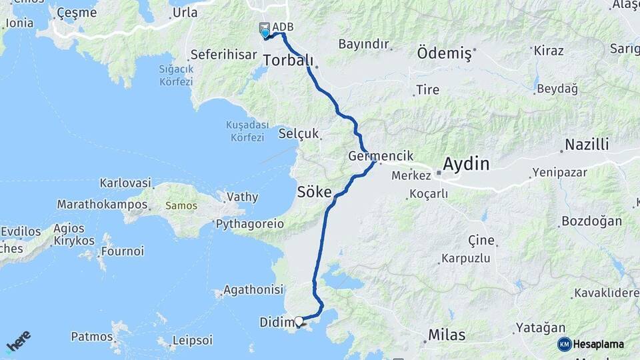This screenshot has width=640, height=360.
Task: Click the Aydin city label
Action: (x=466, y=163)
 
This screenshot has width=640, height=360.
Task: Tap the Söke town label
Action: (x=314, y=193)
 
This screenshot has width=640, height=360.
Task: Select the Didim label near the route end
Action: (x=276, y=323)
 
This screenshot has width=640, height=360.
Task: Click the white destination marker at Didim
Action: (x=299, y=321)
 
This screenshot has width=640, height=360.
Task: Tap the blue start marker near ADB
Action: (x=265, y=33)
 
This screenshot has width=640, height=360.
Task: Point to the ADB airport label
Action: (x=283, y=27)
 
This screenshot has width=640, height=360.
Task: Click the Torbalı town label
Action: (x=288, y=61)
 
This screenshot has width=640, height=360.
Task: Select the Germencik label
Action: (x=381, y=156)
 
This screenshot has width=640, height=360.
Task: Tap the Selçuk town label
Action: (x=299, y=134)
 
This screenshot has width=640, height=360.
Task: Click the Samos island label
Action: (x=181, y=206)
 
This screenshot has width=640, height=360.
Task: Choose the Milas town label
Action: (x=447, y=335)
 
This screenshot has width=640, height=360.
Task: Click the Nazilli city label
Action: (x=587, y=145)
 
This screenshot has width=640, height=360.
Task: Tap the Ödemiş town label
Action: (x=444, y=52)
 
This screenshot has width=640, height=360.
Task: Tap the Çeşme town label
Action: (x=77, y=13)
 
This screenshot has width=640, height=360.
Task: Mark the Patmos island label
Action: (x=91, y=336)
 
